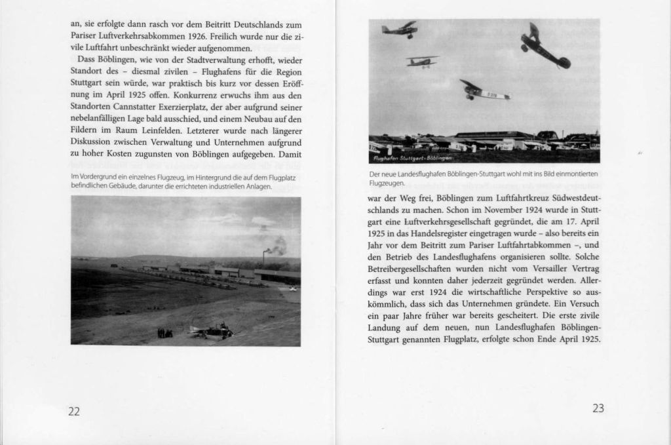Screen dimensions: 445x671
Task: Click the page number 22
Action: (74, 411)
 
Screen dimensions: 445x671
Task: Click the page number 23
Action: (598, 408)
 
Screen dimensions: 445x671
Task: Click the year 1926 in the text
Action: (197, 37)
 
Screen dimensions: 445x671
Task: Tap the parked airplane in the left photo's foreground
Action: (211, 332)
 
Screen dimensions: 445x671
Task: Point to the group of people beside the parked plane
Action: (165, 333)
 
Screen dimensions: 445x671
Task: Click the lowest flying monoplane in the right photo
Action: (485, 91)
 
